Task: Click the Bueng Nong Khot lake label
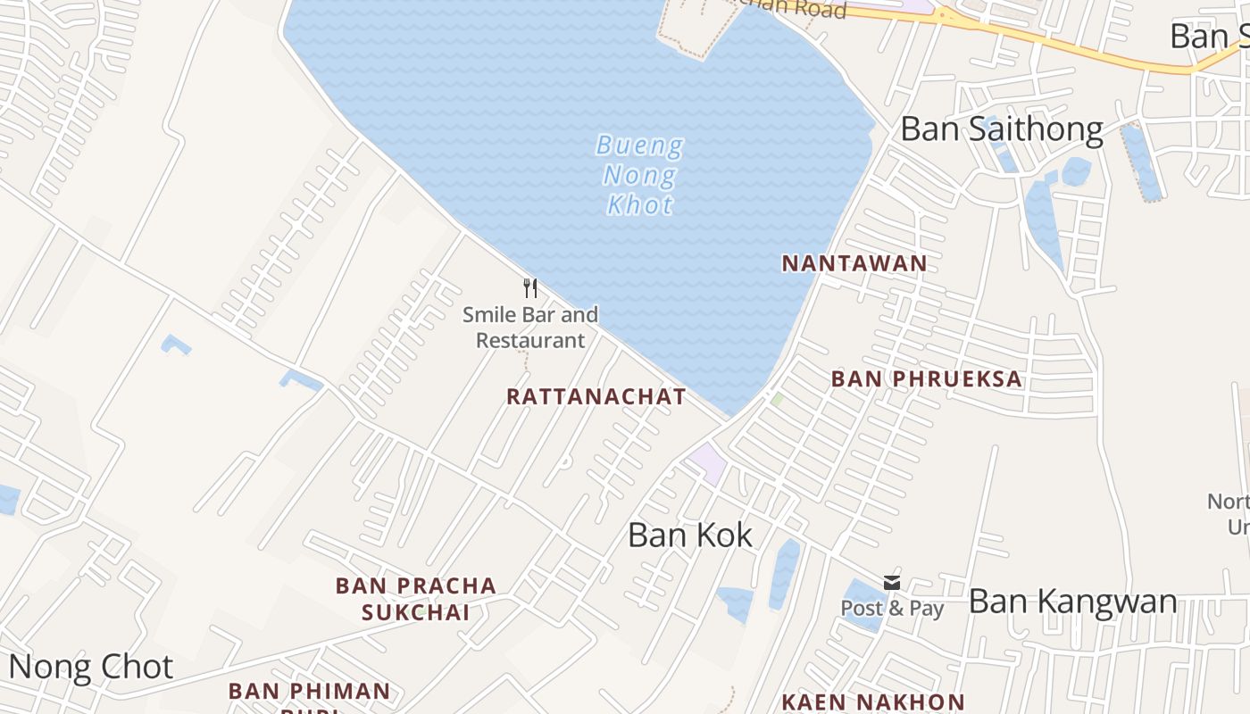tap(639, 175)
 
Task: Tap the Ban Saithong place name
tap(1002, 129)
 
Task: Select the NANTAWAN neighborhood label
tap(854, 263)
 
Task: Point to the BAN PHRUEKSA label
tap(926, 378)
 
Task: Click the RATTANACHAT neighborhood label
tap(596, 396)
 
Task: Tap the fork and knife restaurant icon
tap(530, 287)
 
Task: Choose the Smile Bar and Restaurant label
tap(530, 327)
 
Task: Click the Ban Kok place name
tap(690, 535)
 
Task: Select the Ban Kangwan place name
tap(1072, 601)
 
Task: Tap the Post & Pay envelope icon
tap(891, 583)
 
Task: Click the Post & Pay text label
tap(892, 608)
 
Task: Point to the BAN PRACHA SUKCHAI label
tap(415, 598)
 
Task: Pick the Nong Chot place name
tap(90, 667)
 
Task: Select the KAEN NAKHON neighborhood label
tap(872, 702)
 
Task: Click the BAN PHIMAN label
tap(309, 691)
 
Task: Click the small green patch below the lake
tap(777, 399)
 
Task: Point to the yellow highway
tap(1071, 45)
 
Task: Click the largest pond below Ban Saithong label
tap(1042, 219)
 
